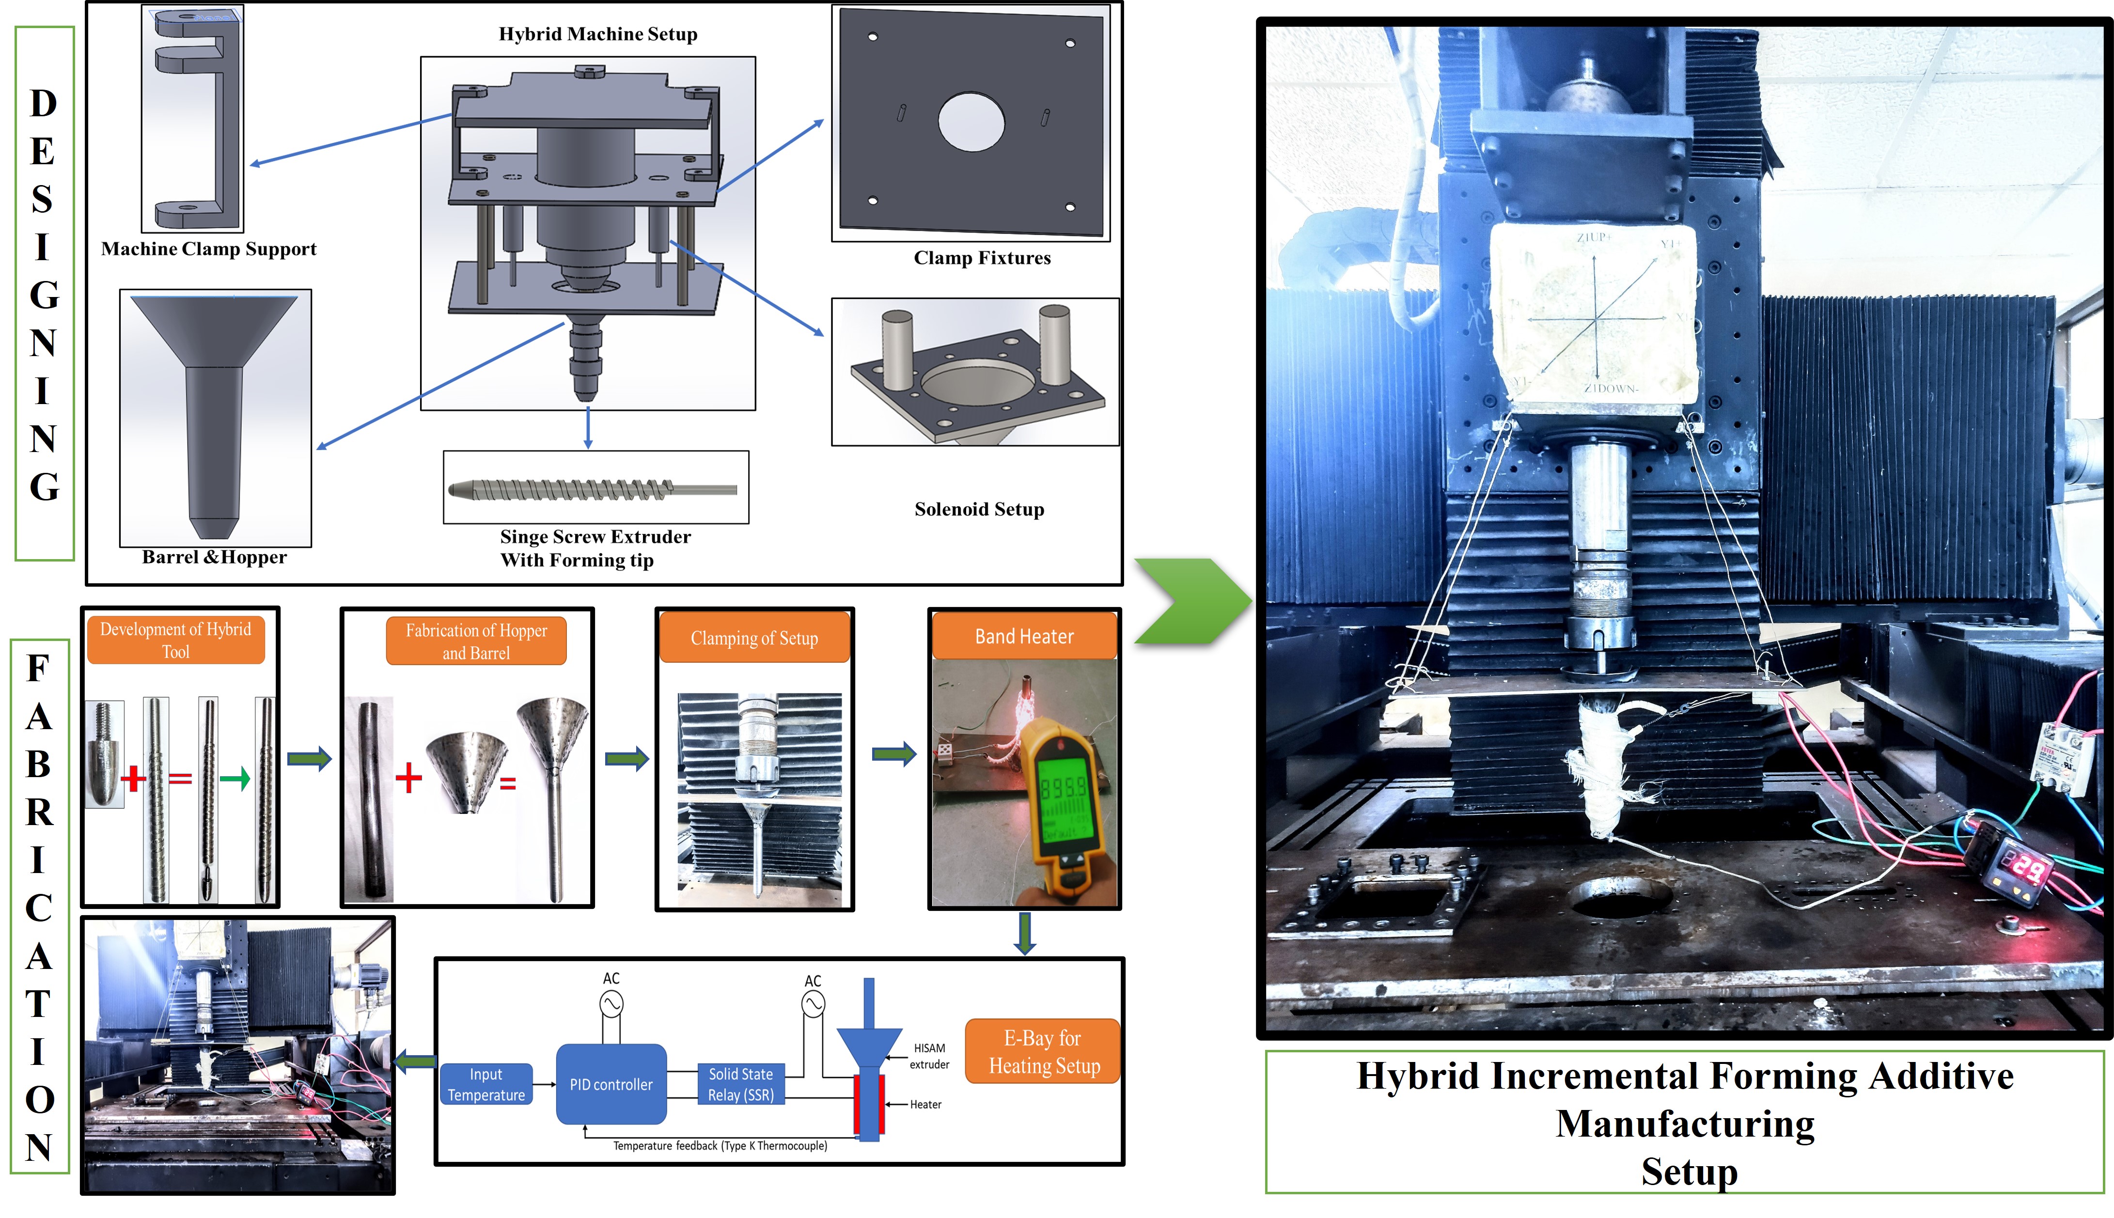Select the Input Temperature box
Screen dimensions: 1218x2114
(486, 1084)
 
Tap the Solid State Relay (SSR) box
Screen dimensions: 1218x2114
(740, 1084)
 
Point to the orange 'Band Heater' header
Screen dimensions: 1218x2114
(1024, 637)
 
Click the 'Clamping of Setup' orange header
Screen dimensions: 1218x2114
(754, 638)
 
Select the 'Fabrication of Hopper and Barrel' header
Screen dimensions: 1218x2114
(476, 641)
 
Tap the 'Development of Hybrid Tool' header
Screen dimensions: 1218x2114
(176, 640)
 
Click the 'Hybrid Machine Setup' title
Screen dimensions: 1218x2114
(597, 34)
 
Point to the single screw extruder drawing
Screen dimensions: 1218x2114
(594, 488)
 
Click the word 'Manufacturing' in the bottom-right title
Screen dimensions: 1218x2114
(1684, 1124)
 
